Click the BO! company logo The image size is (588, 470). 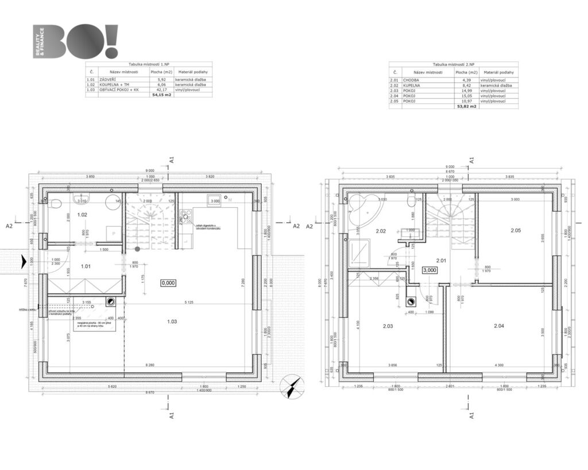click(76, 41)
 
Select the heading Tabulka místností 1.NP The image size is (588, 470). click(149, 65)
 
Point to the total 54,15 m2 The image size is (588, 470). click(162, 95)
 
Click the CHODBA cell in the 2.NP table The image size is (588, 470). click(411, 80)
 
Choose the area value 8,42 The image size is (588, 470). click(462, 85)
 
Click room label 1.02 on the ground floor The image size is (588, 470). click(82, 215)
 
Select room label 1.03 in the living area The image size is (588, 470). click(172, 321)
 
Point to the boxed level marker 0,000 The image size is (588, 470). click(169, 282)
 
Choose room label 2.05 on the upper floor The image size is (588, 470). click(515, 231)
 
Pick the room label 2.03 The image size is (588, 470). click(388, 326)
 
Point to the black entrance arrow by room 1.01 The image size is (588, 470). click(23, 262)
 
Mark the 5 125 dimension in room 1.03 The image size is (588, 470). click(184, 302)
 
